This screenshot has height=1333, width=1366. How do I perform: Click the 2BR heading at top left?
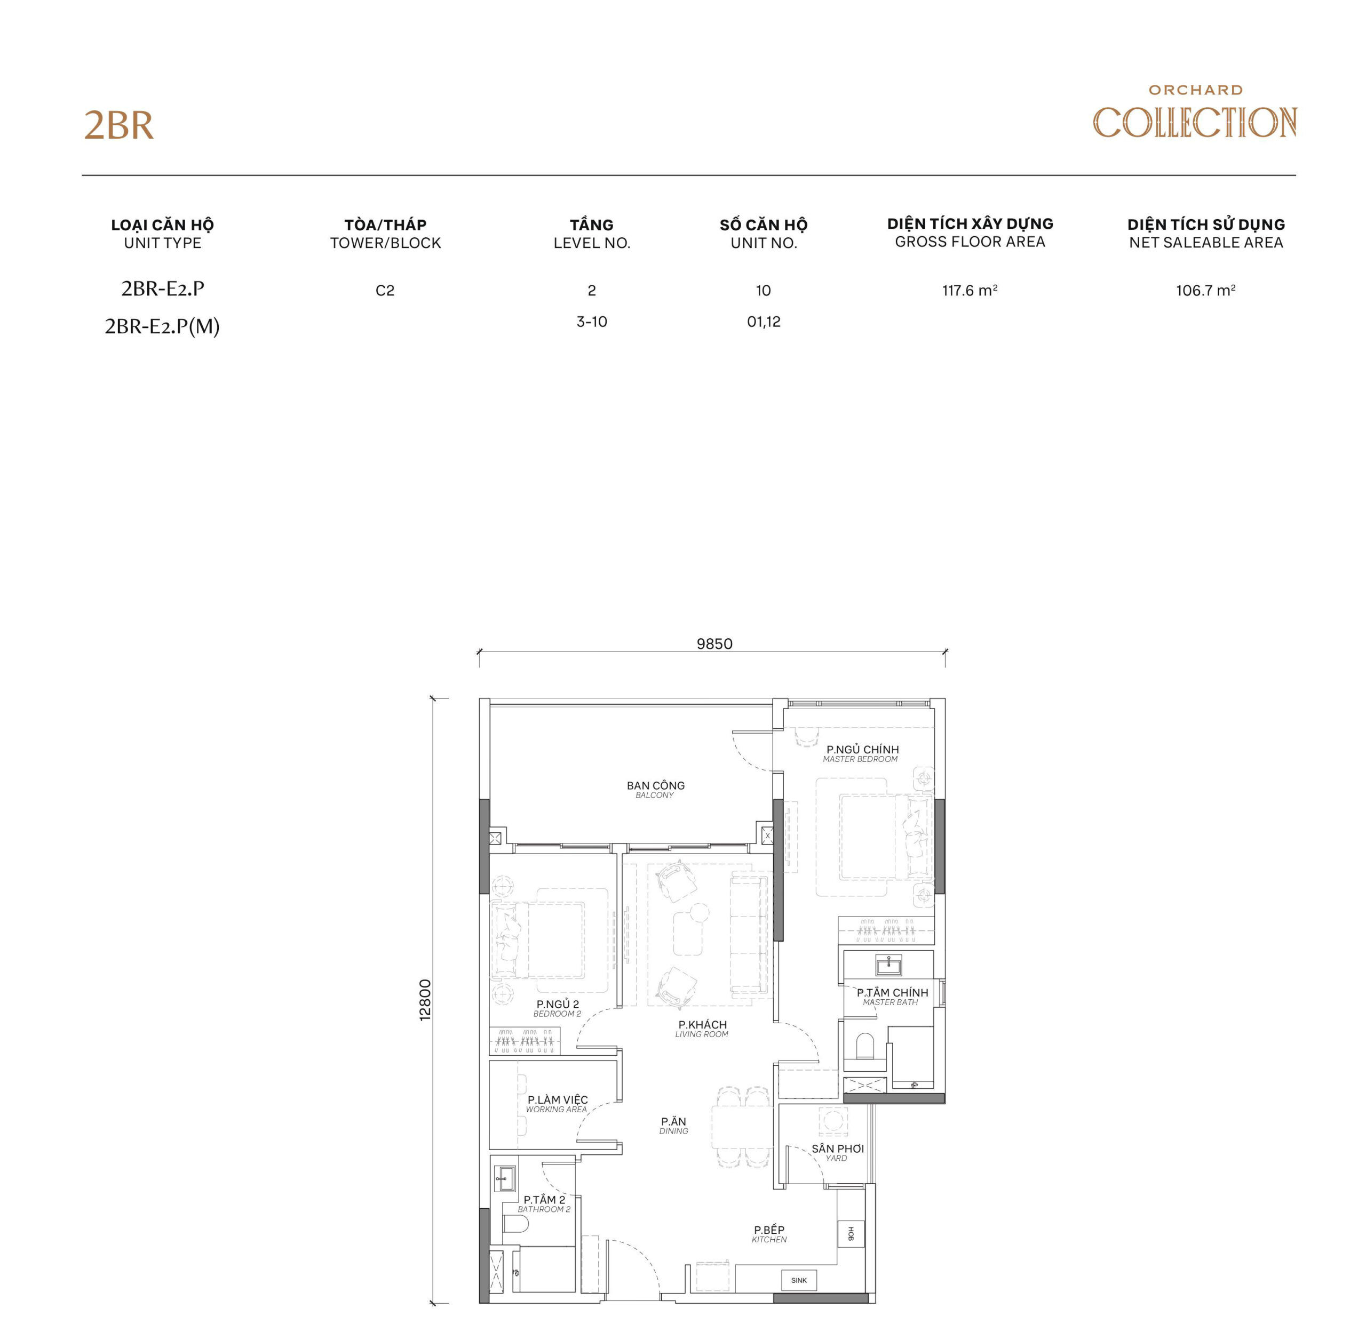coord(118,126)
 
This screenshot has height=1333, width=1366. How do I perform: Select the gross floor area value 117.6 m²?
coord(969,290)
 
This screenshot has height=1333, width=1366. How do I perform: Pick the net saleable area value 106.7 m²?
coord(1205,290)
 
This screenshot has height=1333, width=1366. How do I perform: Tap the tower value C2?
coord(385,291)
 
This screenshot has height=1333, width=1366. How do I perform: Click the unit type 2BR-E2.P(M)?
coord(162,326)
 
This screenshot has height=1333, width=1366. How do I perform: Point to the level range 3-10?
coord(591,322)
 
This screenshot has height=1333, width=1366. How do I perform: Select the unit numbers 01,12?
coord(763,322)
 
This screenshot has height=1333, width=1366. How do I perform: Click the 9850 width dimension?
coord(714,644)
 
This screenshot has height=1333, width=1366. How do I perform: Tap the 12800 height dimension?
coord(425,999)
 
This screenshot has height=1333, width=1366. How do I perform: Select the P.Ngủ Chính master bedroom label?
coord(862,753)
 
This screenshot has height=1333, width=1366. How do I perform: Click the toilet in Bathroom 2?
coord(517,1223)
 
